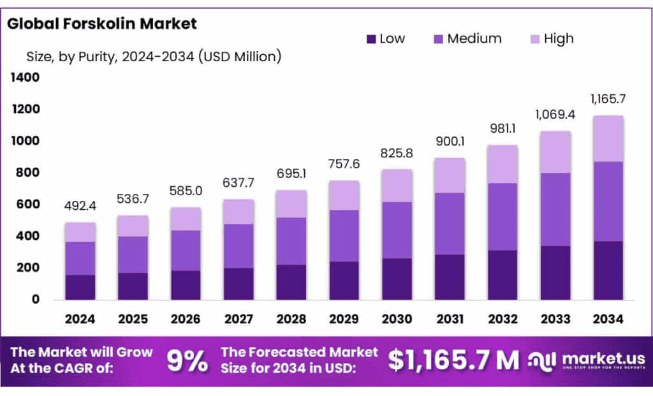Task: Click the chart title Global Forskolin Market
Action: [x=102, y=24]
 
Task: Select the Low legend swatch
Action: [x=371, y=39]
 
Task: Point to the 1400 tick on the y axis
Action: [x=24, y=78]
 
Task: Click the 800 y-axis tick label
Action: [x=27, y=173]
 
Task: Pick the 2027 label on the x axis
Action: [x=238, y=318]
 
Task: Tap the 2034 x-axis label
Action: [x=608, y=318]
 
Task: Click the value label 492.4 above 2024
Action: [x=80, y=206]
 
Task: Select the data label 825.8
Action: [x=397, y=153]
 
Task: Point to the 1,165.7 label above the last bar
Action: [x=608, y=99]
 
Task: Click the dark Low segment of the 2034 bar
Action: [x=608, y=270]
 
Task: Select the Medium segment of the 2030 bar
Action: [x=397, y=230]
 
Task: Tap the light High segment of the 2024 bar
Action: [x=80, y=232]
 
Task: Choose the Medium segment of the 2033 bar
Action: [x=555, y=209]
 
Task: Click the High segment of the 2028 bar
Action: [x=291, y=204]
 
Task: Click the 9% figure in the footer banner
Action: [x=187, y=361]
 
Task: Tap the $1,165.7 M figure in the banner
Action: [x=453, y=360]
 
